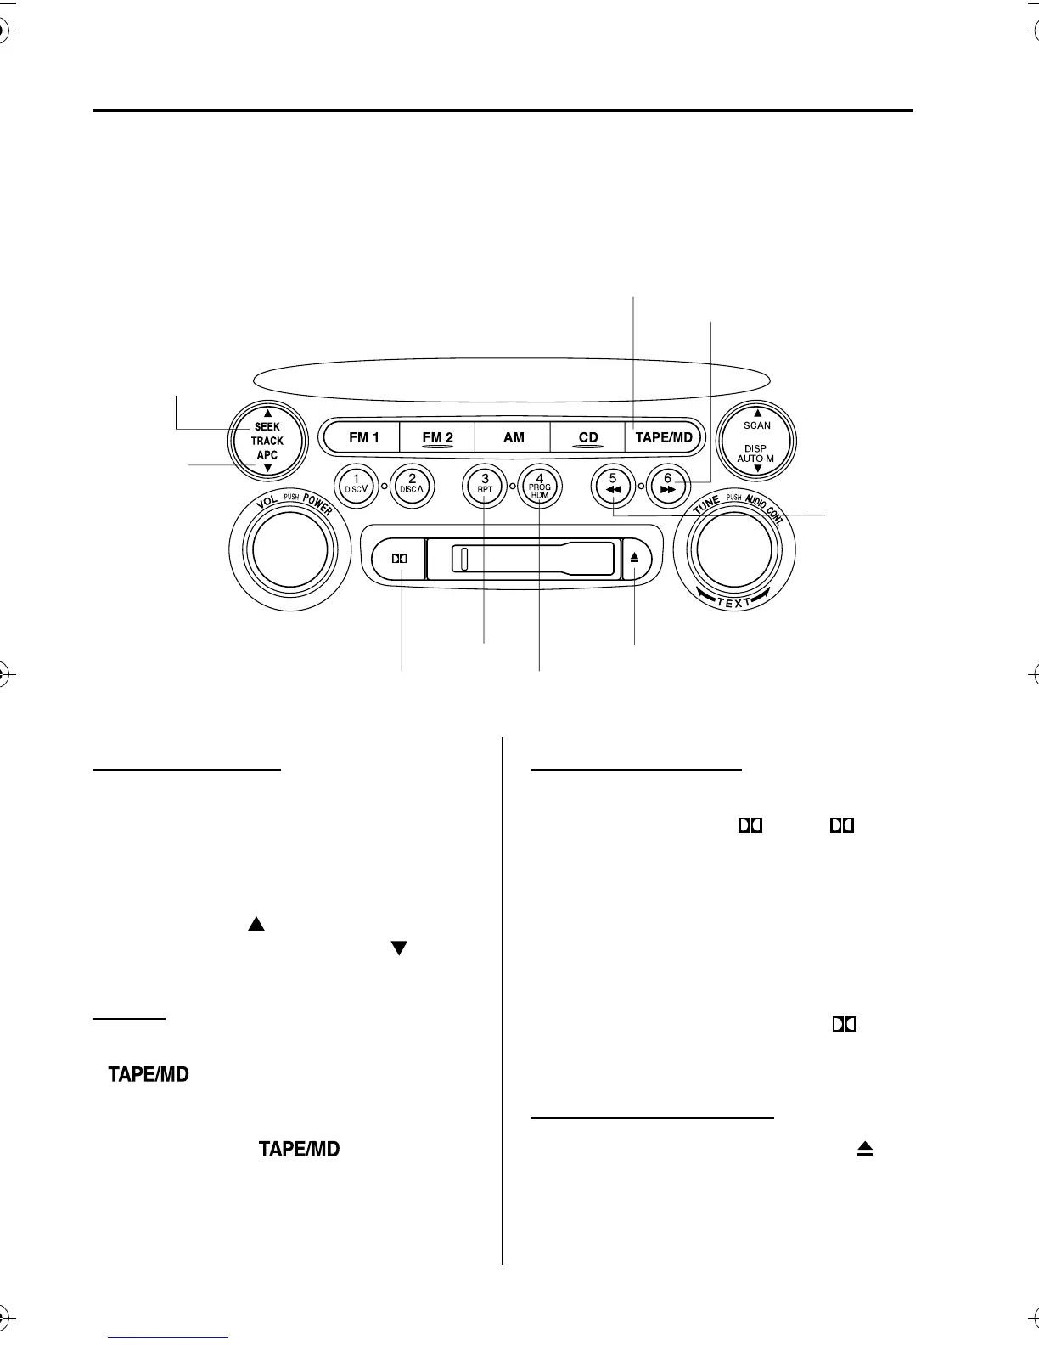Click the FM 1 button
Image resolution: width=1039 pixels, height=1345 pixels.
(x=363, y=438)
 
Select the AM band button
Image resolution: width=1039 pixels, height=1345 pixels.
(x=514, y=438)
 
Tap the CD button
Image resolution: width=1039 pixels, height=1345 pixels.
(x=588, y=438)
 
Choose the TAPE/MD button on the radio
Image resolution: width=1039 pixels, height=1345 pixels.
(x=665, y=438)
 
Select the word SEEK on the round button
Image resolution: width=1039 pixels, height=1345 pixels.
(x=267, y=427)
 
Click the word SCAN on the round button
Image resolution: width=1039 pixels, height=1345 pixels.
(x=757, y=425)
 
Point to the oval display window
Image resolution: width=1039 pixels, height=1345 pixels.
(x=511, y=377)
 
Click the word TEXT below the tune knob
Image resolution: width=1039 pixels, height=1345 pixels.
(x=733, y=604)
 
